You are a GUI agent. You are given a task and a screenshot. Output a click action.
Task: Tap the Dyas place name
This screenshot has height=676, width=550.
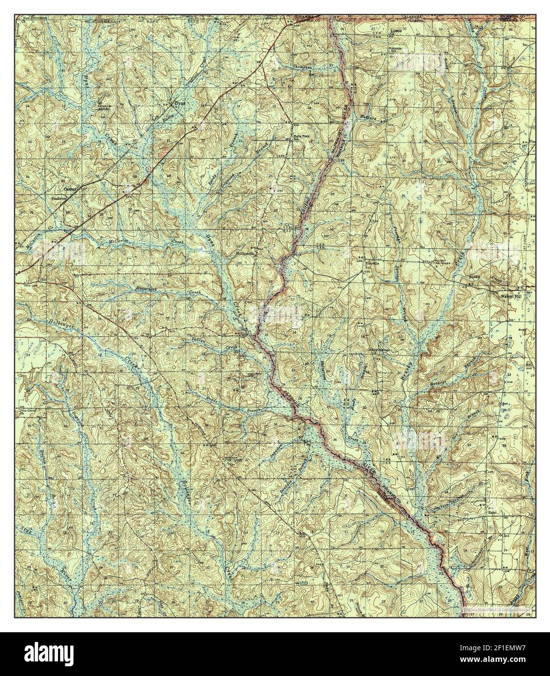(x=178, y=103)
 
